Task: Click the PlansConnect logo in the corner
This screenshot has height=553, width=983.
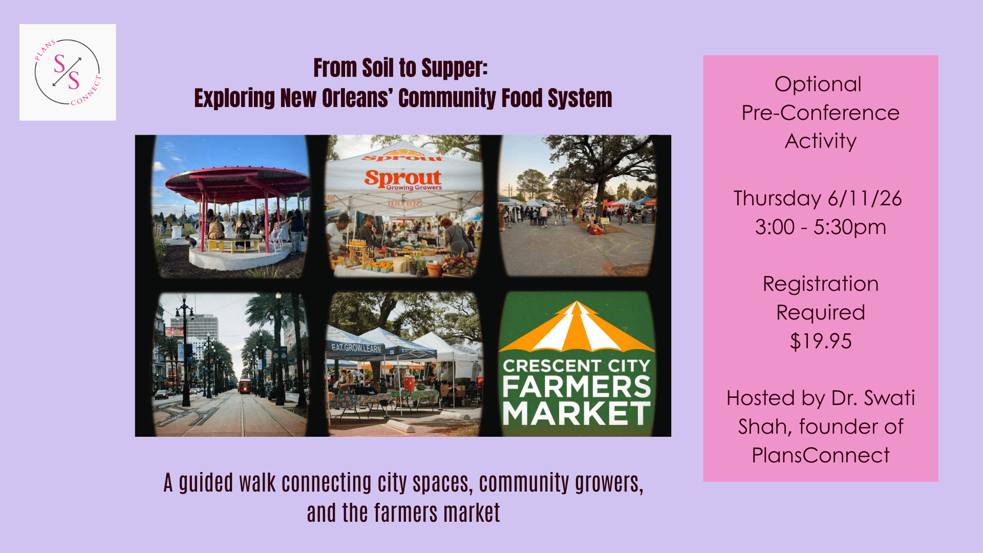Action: coord(68,72)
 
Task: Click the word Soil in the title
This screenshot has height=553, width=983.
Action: coord(378,68)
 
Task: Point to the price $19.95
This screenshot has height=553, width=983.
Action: coord(821,342)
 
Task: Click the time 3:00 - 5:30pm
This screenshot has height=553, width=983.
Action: coord(820,227)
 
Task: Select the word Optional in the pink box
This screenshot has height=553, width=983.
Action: coord(818,84)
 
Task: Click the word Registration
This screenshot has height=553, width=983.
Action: coord(820,284)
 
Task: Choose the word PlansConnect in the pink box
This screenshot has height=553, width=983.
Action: coord(820,456)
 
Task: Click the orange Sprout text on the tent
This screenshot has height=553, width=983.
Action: coord(402,178)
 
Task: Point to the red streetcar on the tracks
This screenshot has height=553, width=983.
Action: coord(245,386)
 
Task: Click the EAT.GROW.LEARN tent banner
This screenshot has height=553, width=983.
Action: coord(356,348)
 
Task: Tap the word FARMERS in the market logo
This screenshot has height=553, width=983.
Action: coord(576,387)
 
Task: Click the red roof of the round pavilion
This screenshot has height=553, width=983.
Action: coord(237,177)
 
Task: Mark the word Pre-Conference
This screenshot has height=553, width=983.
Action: coord(820,113)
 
